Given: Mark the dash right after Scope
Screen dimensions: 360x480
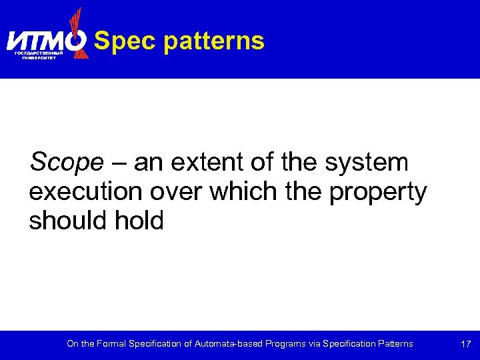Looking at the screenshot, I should (121, 162).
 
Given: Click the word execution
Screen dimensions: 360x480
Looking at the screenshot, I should (84, 192).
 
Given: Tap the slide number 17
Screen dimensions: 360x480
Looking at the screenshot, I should (466, 344).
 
